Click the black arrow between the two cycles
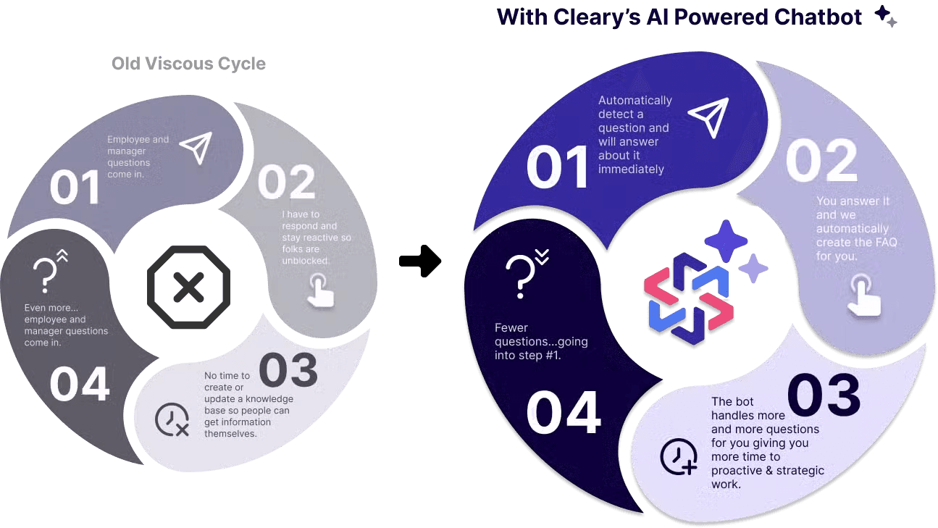(420, 261)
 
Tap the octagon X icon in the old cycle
(188, 288)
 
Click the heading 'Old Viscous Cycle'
(188, 64)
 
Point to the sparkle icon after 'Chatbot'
(884, 15)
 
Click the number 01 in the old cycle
(75, 188)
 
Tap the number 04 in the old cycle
(80, 385)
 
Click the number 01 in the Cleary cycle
(558, 168)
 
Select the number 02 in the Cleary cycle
(821, 161)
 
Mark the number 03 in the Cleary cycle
(824, 395)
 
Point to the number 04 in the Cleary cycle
(564, 414)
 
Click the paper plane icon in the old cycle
(196, 147)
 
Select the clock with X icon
(172, 420)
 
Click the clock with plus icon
(679, 457)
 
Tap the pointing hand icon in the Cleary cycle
(863, 296)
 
